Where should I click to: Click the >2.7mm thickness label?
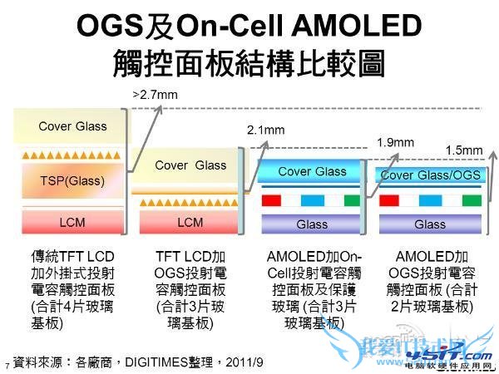156,96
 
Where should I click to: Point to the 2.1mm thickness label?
265,130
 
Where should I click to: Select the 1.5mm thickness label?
464,150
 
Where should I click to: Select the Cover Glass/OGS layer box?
429,175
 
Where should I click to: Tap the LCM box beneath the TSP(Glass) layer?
72,222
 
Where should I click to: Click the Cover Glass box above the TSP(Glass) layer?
72,126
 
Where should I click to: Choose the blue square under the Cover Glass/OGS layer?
430,200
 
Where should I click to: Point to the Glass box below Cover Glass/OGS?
430,224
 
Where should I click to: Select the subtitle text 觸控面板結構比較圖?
249,64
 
